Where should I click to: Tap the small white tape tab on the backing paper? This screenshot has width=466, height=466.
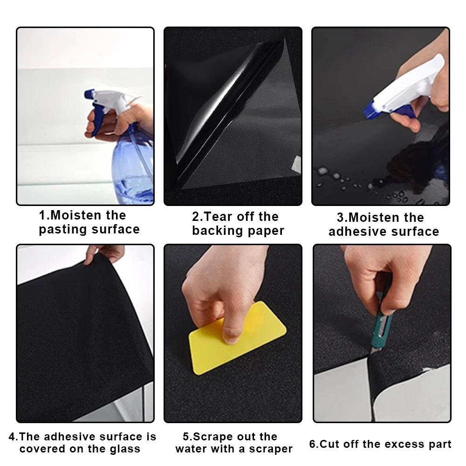(295, 164)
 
